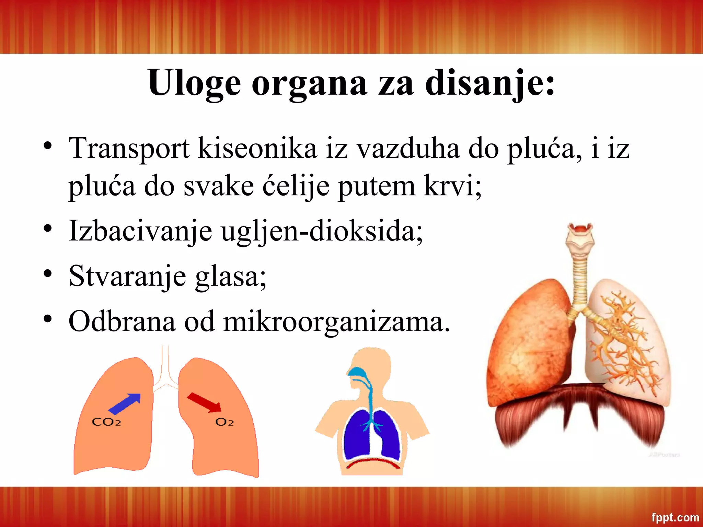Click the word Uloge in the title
click(x=194, y=83)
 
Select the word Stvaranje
click(x=127, y=277)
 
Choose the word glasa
click(x=230, y=277)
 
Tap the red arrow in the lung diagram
click(x=204, y=402)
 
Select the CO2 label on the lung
click(x=106, y=422)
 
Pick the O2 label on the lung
click(x=224, y=422)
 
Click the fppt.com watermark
click(x=675, y=517)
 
